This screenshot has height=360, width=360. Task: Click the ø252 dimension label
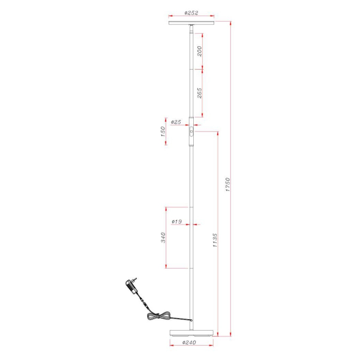(x=191, y=12)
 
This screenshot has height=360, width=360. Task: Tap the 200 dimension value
(x=199, y=53)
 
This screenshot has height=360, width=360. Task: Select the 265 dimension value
(x=199, y=94)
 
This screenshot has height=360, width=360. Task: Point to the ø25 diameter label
(x=176, y=122)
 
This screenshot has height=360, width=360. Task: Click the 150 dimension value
(x=163, y=132)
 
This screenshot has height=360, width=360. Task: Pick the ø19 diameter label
(x=176, y=222)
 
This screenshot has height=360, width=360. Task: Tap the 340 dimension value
(x=163, y=238)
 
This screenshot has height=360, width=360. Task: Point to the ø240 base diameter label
(x=191, y=343)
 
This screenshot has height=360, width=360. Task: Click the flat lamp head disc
(x=191, y=23)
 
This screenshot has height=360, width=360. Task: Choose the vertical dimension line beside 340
(x=167, y=238)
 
